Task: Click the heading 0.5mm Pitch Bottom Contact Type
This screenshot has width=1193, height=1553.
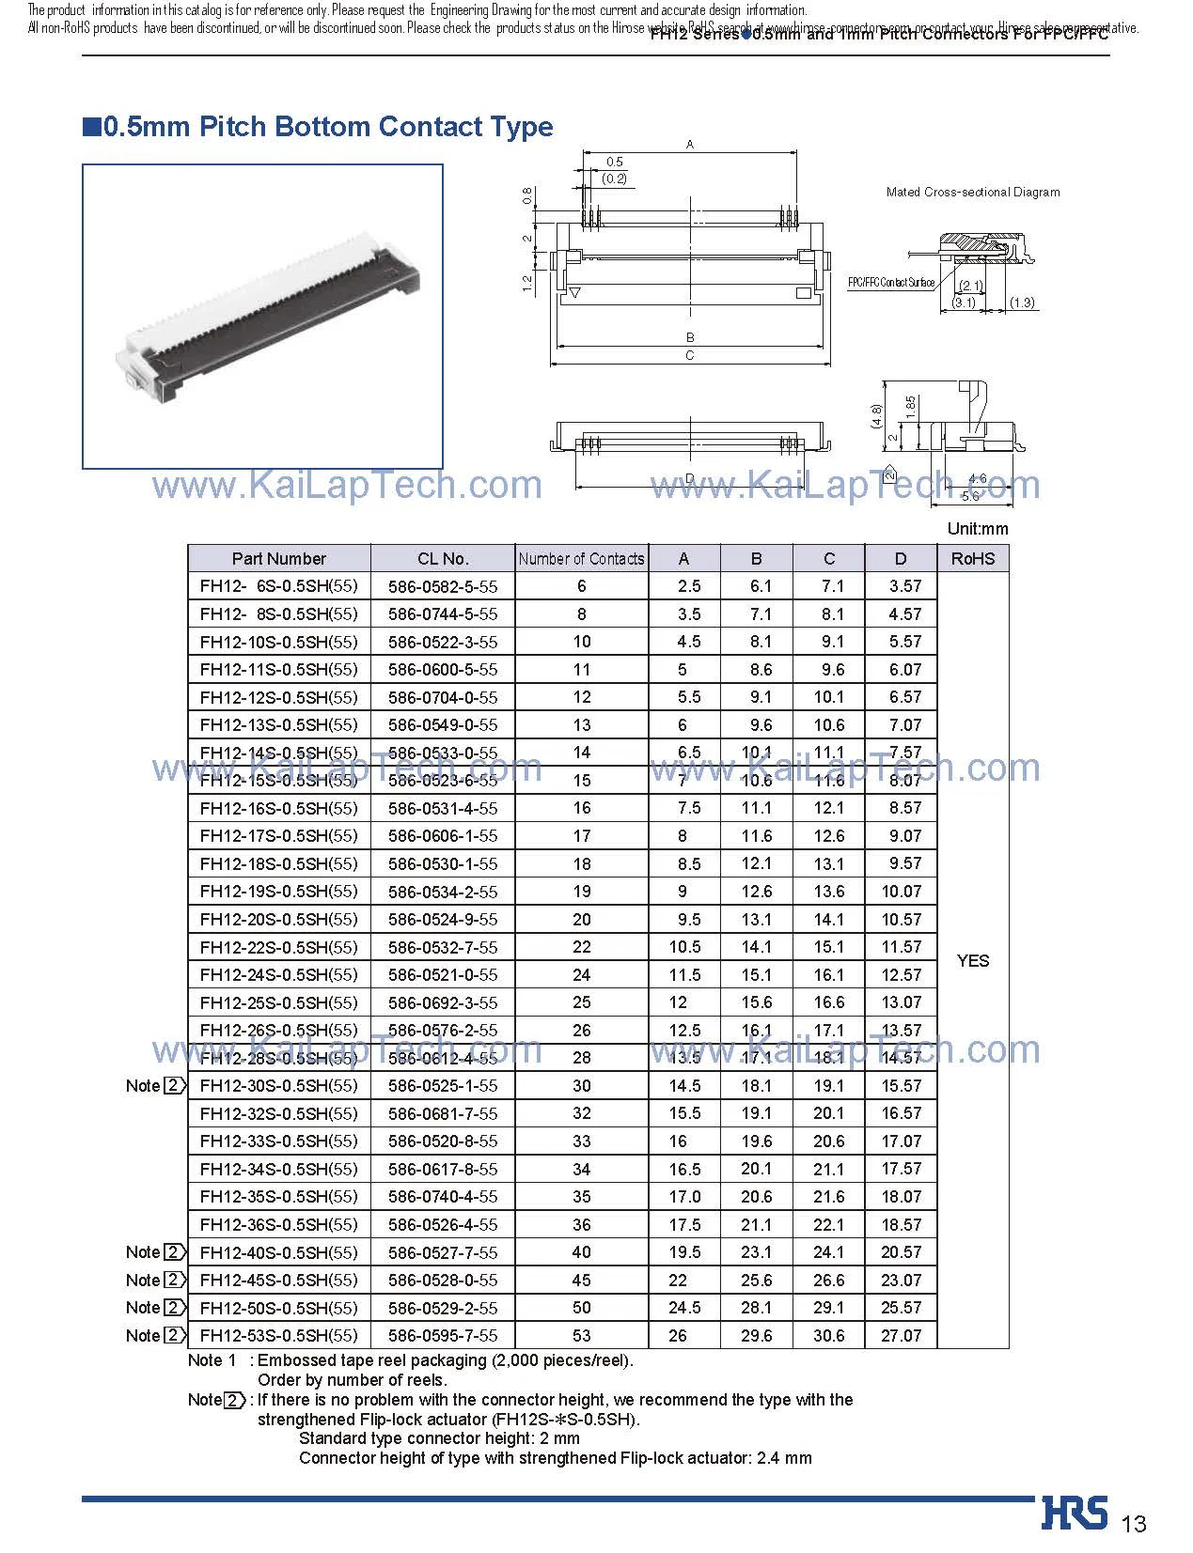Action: [x=320, y=127]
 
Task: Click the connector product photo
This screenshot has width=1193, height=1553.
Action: [x=262, y=317]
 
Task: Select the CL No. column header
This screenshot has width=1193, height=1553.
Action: [x=443, y=558]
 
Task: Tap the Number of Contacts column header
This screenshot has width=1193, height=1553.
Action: [x=581, y=558]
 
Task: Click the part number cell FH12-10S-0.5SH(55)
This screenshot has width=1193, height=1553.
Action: [x=278, y=642]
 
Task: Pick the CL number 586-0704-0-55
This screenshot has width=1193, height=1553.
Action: [x=443, y=697]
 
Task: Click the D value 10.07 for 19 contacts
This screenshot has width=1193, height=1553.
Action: [x=901, y=891]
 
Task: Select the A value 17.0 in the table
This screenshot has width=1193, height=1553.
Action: [x=684, y=1196]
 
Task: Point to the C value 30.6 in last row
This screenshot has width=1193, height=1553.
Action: [x=828, y=1335]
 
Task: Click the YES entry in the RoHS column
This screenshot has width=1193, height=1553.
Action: [x=972, y=960]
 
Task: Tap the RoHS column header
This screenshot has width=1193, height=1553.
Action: [x=972, y=558]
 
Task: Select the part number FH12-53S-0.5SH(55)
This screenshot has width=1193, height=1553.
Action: [x=278, y=1335]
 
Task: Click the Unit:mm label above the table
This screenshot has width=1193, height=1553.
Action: [x=977, y=529]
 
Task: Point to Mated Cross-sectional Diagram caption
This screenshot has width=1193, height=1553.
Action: [x=972, y=192]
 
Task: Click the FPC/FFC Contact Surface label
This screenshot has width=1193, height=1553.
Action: [x=890, y=283]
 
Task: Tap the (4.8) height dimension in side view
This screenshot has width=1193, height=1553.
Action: [x=876, y=414]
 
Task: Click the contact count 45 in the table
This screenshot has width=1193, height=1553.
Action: [x=581, y=1280]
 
